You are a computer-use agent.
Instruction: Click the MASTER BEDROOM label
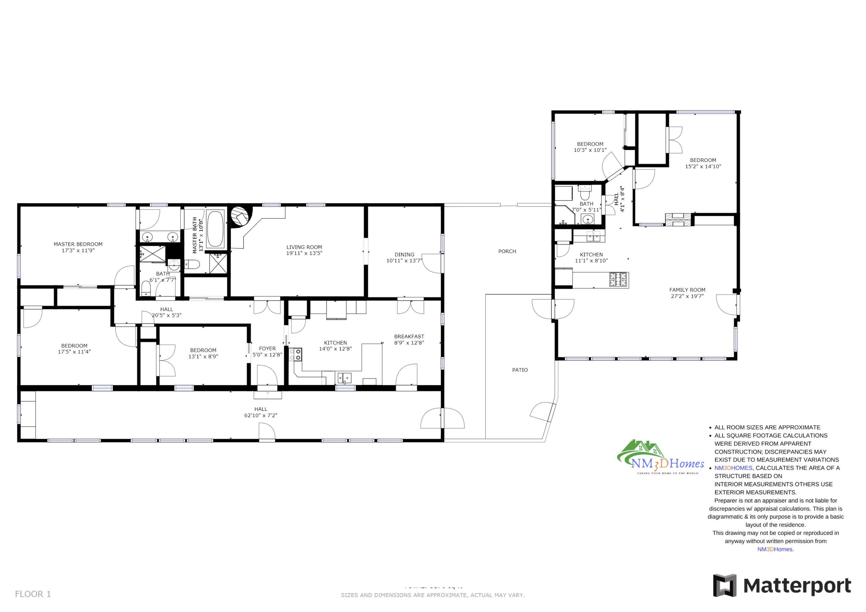tap(78, 244)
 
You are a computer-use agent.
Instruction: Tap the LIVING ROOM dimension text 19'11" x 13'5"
tap(304, 253)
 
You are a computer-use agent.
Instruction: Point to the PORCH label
tap(507, 251)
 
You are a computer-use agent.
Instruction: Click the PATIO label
tap(520, 370)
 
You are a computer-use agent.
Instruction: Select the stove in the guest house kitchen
tap(619, 279)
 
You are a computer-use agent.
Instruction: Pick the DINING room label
tap(404, 254)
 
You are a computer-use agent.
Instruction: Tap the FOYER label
tap(267, 349)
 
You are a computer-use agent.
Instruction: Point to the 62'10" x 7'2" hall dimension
tap(261, 415)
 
